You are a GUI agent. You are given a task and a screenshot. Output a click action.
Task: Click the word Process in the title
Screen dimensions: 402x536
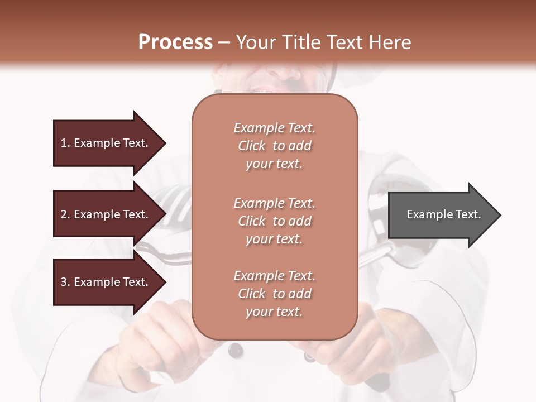175,42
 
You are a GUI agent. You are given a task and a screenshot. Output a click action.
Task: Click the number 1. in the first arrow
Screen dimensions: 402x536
65,143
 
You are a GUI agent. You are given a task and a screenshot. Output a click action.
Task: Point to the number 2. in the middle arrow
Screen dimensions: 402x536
65,214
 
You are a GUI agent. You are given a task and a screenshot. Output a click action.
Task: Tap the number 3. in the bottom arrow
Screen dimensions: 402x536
65,282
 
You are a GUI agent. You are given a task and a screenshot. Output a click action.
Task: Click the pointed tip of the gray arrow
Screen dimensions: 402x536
498,215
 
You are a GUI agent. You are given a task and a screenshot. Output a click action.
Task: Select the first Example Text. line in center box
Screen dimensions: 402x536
274,128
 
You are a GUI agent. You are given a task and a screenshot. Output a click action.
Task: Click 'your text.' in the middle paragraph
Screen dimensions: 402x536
274,239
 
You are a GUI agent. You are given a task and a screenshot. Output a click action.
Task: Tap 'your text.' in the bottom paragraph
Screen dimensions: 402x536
274,312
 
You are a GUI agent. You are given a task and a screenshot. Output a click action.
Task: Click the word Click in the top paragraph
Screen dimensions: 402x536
252,146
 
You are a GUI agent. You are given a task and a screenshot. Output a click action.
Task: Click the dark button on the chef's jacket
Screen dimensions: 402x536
236,350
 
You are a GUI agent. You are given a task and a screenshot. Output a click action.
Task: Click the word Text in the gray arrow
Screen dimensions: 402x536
469,214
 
